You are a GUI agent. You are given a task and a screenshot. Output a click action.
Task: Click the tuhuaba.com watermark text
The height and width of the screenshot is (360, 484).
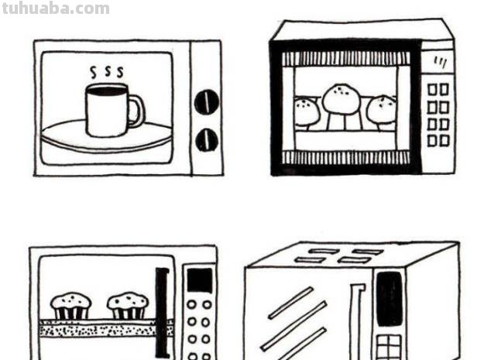coord(56,9)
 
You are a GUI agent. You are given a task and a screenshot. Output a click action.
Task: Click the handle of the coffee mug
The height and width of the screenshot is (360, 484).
coord(136,111)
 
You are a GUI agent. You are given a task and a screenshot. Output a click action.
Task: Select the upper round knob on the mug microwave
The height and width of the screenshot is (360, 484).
coord(207,101)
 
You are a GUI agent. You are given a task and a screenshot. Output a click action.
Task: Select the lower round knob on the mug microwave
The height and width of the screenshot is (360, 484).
coord(207,140)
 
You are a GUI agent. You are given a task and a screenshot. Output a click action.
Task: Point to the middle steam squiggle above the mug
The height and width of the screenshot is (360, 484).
coord(107,70)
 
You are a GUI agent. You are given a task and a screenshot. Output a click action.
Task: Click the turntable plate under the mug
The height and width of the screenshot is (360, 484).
coord(107,135)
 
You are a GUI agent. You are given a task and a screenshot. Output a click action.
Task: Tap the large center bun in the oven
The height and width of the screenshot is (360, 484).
coord(341,99)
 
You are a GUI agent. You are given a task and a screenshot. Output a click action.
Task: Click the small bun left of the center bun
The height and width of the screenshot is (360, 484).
coord(307,111)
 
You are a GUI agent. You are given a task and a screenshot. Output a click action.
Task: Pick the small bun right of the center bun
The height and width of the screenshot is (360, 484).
coord(382,109)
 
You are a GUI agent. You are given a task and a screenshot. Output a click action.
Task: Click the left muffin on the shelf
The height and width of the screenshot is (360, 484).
coord(71,306)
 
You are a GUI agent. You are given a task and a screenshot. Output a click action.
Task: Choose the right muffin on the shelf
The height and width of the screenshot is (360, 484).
coord(128,306)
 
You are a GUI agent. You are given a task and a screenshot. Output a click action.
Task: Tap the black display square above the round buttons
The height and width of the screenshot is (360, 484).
coord(200,280)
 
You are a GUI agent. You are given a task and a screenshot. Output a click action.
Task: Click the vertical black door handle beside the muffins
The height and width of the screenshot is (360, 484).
coord(163,312)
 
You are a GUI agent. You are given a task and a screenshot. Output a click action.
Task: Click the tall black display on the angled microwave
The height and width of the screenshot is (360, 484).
coord(390,299)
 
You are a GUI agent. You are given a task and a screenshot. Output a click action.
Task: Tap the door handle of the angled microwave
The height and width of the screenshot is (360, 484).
coord(356,321)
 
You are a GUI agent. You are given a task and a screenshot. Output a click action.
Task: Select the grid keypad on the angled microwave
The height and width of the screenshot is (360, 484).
coord(389,347)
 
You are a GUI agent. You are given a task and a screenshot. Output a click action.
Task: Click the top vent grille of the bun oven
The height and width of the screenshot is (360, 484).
coord(346,59)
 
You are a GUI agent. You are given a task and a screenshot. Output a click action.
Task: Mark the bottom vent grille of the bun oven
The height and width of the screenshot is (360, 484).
coord(346,157)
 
